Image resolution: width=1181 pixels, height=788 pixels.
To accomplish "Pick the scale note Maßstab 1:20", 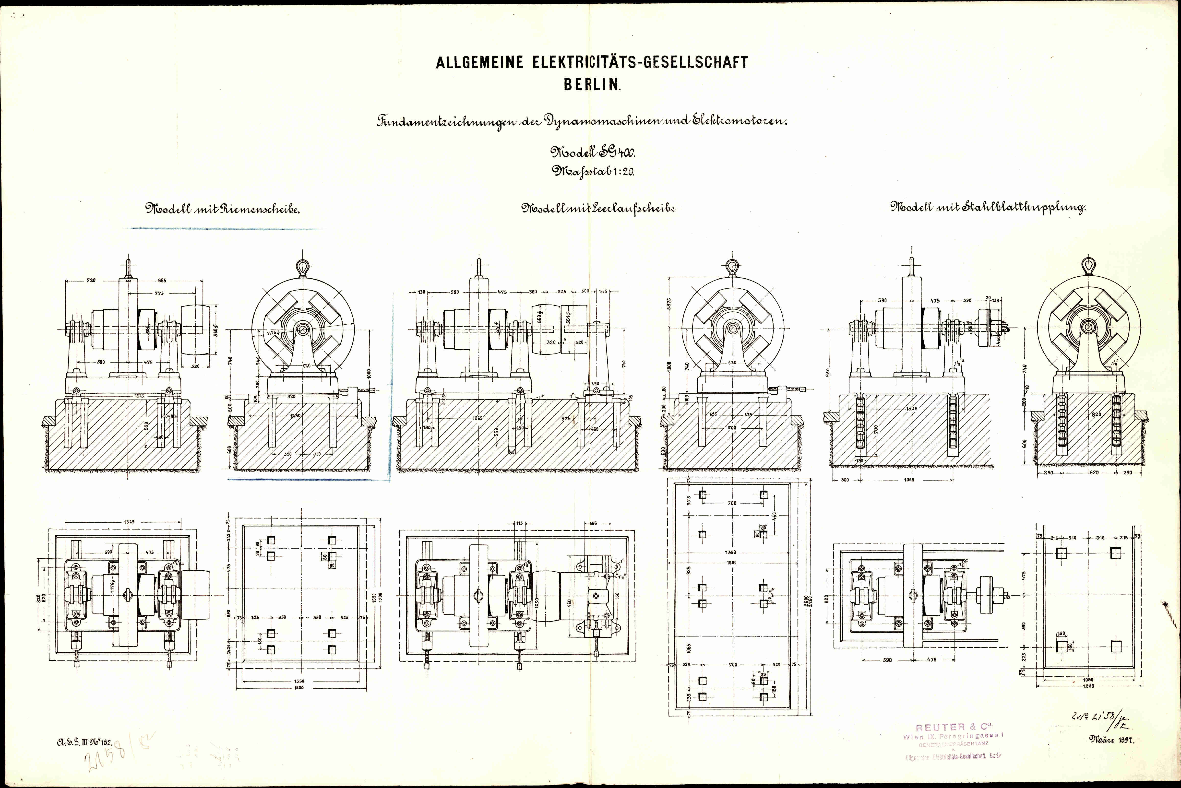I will point(593,171).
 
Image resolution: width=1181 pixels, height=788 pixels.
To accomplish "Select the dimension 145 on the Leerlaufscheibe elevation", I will point(603,292).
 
